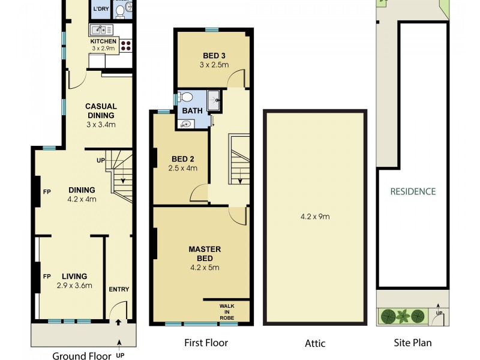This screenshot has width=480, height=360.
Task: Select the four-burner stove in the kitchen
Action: (126, 44)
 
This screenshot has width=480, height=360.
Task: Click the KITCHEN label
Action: (103, 41)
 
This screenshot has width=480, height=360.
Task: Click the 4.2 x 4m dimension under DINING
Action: (82, 199)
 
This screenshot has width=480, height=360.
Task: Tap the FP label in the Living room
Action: (46, 277)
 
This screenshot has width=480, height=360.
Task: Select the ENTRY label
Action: (119, 289)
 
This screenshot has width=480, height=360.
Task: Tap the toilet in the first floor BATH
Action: (186, 97)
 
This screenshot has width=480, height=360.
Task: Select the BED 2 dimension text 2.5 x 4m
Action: (183, 169)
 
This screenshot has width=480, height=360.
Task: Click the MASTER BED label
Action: (205, 253)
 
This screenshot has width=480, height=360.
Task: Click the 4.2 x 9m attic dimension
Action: (315, 217)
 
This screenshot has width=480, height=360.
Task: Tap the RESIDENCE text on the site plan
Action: (413, 192)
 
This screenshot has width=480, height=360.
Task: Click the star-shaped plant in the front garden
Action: (403, 315)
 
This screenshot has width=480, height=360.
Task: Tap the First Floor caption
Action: (206, 343)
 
